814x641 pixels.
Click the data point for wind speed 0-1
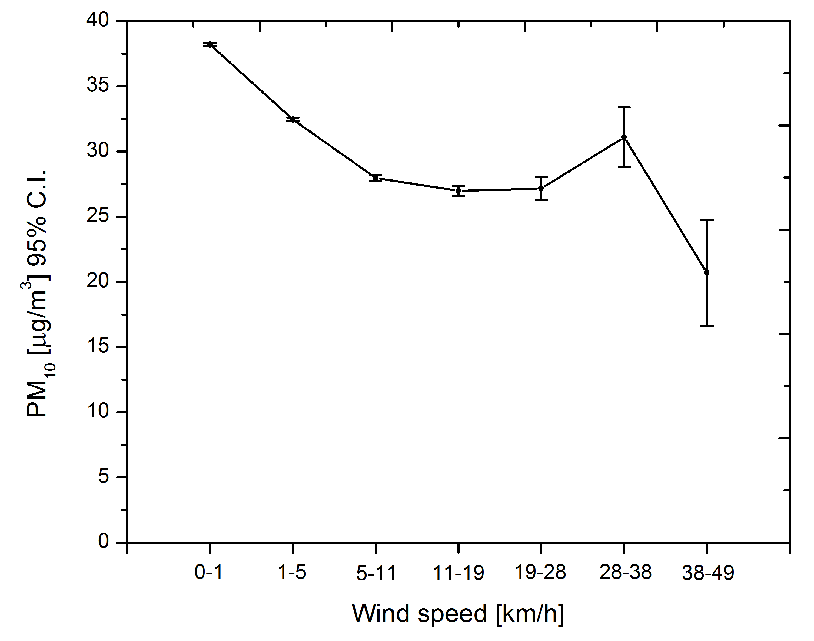pos(210,44)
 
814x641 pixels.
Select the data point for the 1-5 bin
pos(293,119)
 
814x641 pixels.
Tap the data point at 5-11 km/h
pos(375,178)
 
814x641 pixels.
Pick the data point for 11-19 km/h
pos(458,191)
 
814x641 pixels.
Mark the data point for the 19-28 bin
pos(541,188)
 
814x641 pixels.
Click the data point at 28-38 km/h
pos(624,137)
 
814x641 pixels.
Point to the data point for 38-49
pos(706,272)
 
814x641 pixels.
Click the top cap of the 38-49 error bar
pos(706,219)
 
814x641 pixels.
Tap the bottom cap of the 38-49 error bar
pos(706,325)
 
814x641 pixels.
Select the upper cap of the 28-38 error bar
pos(624,107)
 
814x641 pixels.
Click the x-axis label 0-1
pos(209,573)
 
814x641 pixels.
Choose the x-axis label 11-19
pos(458,573)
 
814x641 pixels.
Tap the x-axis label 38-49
pos(708,573)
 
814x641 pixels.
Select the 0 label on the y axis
pos(103,541)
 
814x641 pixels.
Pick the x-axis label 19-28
pos(540,572)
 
